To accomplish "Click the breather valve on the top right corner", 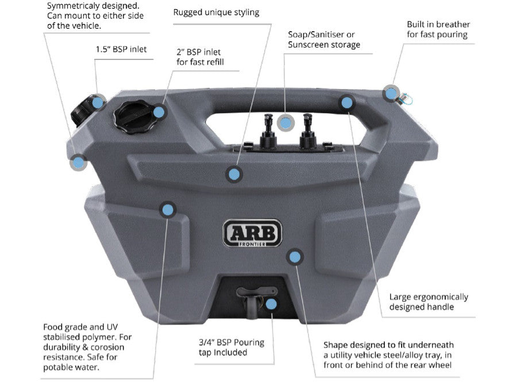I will [403, 98].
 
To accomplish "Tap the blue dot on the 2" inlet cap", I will [159, 111].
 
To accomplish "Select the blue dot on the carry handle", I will [346, 103].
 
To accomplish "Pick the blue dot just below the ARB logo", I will [295, 257].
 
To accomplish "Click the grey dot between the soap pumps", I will [285, 122].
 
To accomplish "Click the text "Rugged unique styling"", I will [216, 12].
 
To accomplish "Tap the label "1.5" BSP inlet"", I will [121, 49].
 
